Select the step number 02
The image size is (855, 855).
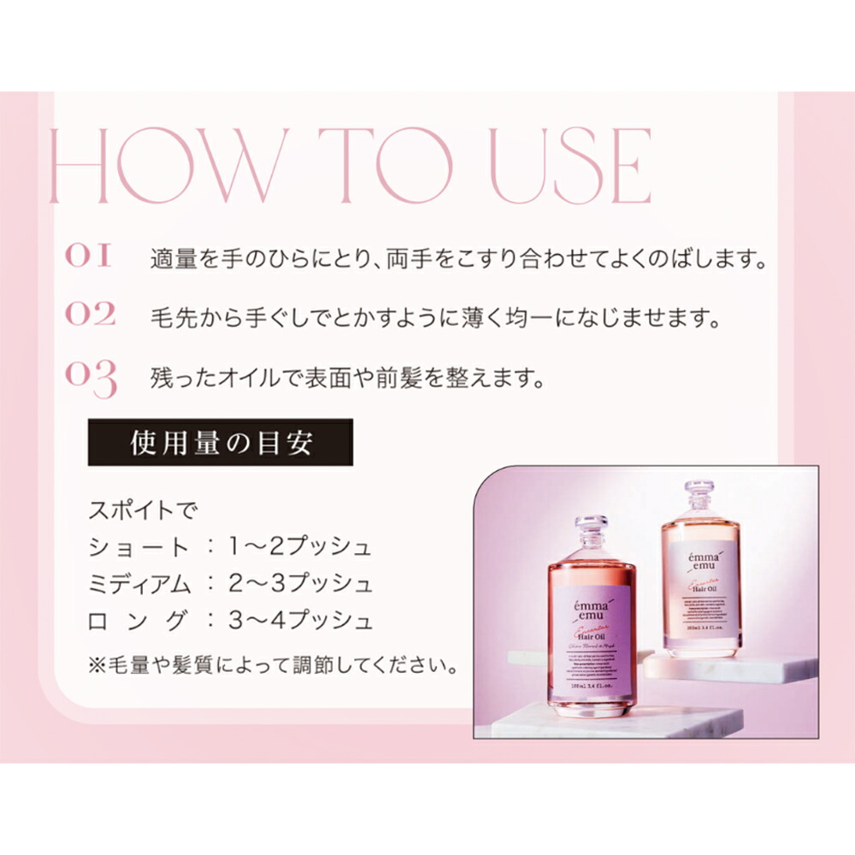(x=90, y=315)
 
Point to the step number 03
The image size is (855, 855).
(x=91, y=378)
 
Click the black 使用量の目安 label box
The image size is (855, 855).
(x=220, y=442)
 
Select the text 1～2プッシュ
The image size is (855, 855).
(x=301, y=547)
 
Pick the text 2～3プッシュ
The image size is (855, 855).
(x=301, y=585)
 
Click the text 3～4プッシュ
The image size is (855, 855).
(x=301, y=622)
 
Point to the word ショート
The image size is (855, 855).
(x=139, y=547)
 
